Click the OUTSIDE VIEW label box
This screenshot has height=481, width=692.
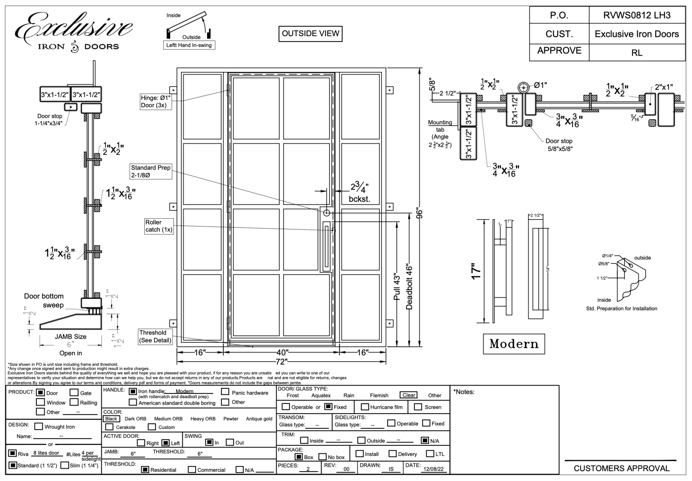point(310,34)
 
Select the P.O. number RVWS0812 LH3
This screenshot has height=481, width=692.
point(637,15)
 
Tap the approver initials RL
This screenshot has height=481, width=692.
point(637,53)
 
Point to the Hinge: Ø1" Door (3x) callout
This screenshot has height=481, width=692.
point(156,101)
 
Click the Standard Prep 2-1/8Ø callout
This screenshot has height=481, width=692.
point(151,171)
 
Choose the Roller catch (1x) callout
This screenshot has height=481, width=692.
point(158,226)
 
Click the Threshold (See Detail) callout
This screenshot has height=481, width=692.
point(155,337)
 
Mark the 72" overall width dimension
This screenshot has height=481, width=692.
point(281,362)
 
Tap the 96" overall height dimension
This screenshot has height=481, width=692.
point(419,214)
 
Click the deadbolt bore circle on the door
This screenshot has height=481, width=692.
point(326,213)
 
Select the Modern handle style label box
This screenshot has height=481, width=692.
point(514,344)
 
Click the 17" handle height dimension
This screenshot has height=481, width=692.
point(476,271)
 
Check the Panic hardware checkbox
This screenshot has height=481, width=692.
point(225,392)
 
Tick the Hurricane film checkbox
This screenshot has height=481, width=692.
point(365,407)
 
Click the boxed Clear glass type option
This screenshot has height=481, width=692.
point(409,395)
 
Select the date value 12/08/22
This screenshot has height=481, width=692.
point(434,469)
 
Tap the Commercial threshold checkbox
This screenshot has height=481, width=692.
point(192,470)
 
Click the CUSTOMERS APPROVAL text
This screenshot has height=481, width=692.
point(621,468)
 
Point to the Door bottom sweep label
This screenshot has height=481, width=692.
point(44,300)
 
